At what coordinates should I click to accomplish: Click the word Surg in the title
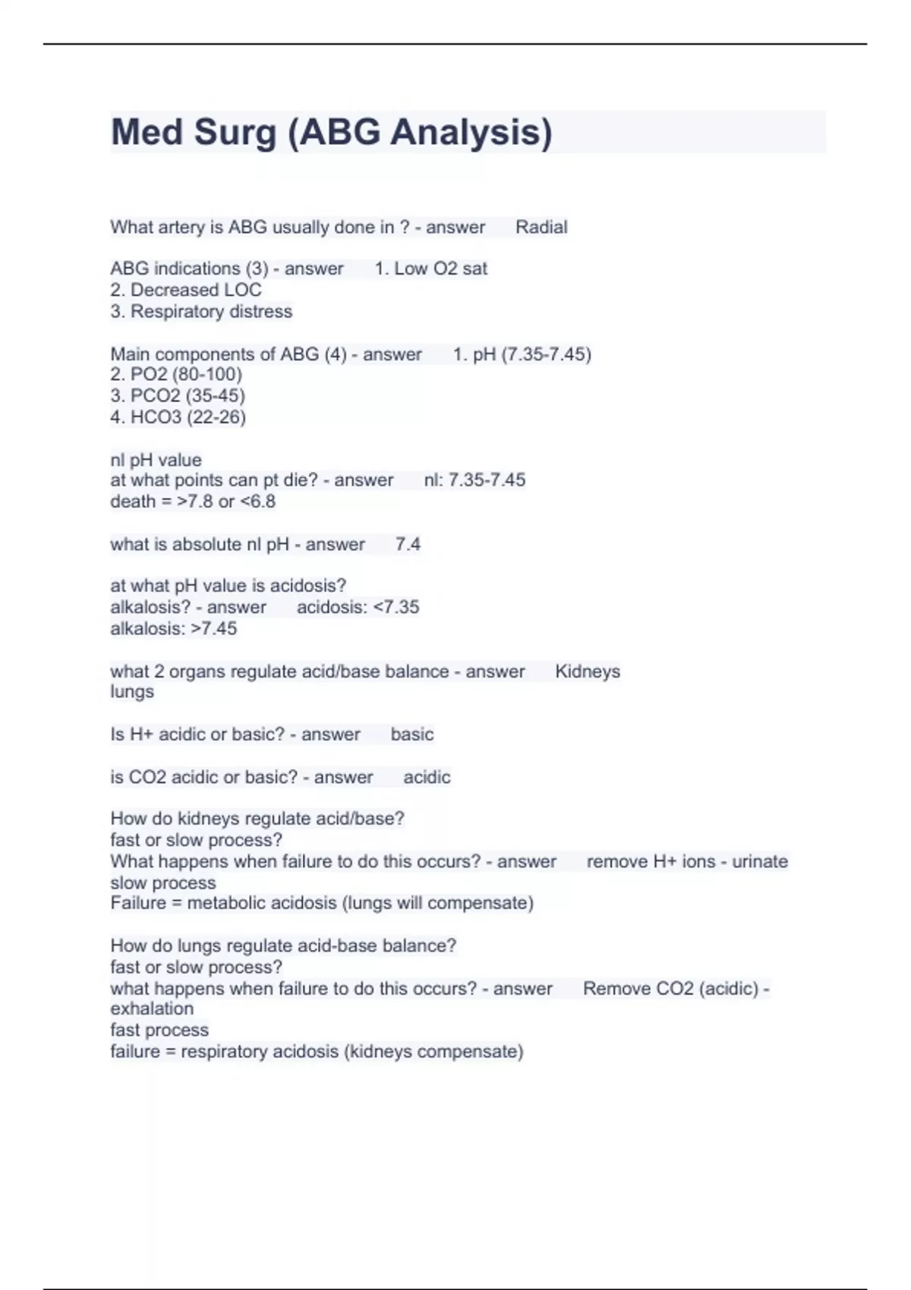click(x=235, y=132)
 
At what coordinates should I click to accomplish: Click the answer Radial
click(x=541, y=227)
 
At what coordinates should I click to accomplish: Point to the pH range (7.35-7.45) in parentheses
click(x=546, y=354)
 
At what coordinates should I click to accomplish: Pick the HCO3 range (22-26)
click(x=216, y=417)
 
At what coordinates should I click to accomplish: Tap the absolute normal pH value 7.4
click(x=408, y=544)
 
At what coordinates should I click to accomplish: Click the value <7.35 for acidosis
click(x=396, y=607)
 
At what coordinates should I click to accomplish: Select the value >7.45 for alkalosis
click(x=214, y=628)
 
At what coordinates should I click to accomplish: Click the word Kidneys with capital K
click(x=588, y=672)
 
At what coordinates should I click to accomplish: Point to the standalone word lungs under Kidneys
click(x=132, y=691)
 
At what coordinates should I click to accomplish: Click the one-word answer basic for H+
click(x=412, y=735)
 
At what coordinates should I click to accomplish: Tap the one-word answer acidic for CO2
click(x=427, y=777)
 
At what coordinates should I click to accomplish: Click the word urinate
click(x=760, y=861)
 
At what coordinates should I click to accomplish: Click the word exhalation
click(x=152, y=1008)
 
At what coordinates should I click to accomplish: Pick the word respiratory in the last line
click(x=224, y=1052)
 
